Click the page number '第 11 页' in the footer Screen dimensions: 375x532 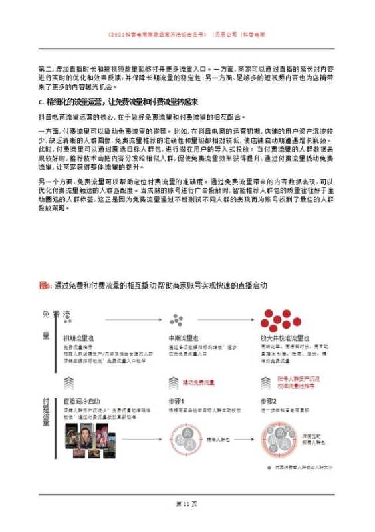pos(187,503)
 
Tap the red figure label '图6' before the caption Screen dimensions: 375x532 pos(46,285)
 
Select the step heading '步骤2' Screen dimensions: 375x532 pos(267,402)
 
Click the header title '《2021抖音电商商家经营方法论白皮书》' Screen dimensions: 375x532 pos(157,33)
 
